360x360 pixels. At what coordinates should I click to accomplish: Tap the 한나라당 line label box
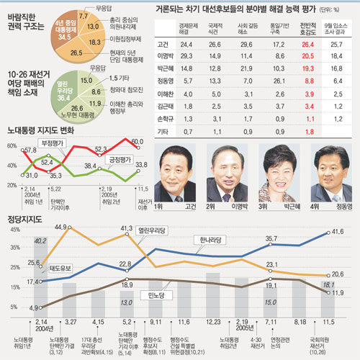tap(213, 241)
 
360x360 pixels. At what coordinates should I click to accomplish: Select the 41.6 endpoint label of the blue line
tap(337, 232)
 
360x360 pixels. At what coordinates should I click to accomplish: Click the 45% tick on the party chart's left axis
tap(14, 229)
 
